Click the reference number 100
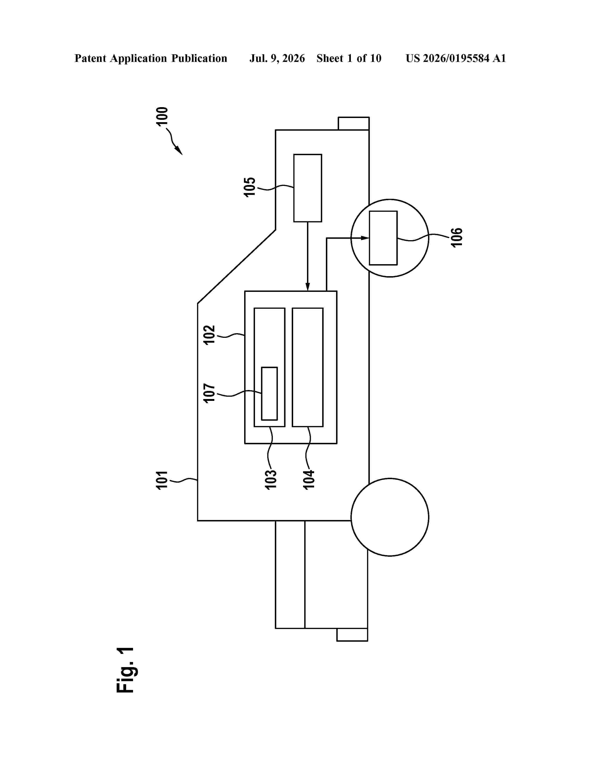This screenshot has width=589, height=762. coord(162,116)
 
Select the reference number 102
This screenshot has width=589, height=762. coord(209,335)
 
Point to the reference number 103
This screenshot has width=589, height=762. coord(271,480)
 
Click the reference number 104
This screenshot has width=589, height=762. coord(309,480)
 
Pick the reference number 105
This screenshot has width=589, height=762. coord(250,187)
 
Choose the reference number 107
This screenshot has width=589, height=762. coord(209,393)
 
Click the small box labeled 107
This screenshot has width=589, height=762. coord(269,393)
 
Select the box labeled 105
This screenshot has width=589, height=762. coord(307,188)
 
